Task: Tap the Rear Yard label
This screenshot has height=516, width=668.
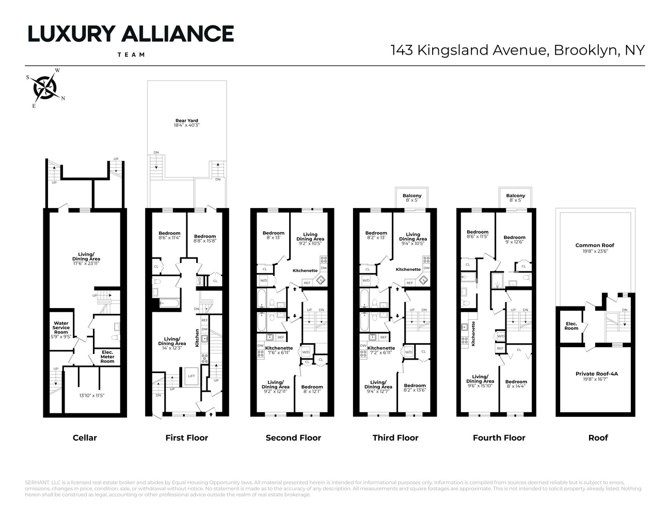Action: [187, 121]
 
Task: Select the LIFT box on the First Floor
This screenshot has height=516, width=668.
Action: [192, 376]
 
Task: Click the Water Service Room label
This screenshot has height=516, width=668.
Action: [61, 328]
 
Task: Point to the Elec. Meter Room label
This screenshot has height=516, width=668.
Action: [107, 357]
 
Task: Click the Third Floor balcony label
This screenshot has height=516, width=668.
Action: [412, 196]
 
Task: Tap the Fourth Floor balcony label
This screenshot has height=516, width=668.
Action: [516, 196]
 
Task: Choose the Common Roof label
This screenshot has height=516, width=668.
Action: [595, 245]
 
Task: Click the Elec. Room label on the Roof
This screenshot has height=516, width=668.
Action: [571, 326]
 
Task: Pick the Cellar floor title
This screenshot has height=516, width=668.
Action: [85, 438]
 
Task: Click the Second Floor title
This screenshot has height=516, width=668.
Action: [293, 438]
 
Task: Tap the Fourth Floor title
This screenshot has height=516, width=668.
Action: [499, 438]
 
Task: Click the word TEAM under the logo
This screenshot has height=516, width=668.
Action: [131, 54]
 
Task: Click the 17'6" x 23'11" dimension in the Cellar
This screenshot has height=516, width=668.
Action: [86, 263]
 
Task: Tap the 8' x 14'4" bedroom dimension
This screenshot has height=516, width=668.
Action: [516, 386]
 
